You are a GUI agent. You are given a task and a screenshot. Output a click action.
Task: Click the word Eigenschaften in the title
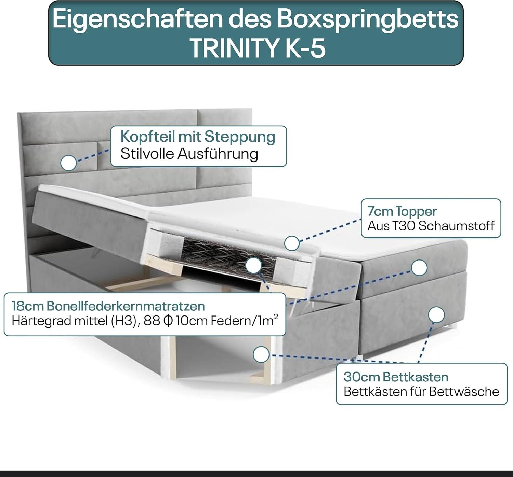tap(137, 19)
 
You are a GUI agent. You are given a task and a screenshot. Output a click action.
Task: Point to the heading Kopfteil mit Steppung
tap(198, 137)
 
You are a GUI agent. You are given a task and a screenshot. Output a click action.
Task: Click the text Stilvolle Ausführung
tap(189, 154)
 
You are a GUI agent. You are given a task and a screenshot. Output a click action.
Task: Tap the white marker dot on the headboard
tap(69, 163)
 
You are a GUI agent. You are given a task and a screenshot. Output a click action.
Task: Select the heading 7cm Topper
tap(402, 212)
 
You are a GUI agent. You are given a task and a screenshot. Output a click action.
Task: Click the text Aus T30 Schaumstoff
tap(431, 226)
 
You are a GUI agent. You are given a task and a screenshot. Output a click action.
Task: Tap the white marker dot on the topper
tap(292, 243)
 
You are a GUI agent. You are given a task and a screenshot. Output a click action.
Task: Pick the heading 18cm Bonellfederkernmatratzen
tap(108, 306)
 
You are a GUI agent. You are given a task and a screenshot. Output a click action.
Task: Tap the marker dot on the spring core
tap(254, 265)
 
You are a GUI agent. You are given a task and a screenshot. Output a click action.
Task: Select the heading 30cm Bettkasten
tap(396, 377)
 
